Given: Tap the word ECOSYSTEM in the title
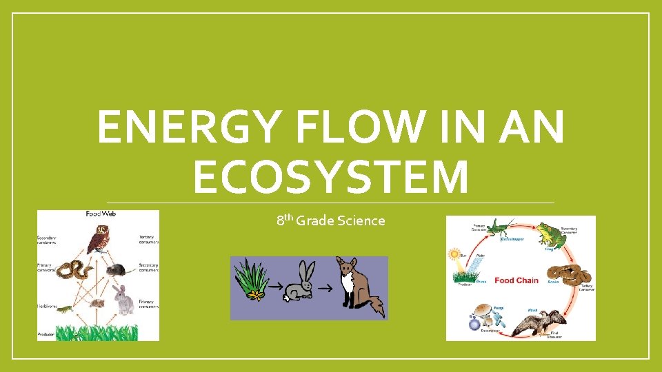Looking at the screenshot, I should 331,177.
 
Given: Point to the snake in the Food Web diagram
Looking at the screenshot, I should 74,271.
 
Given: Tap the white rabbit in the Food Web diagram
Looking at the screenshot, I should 125,301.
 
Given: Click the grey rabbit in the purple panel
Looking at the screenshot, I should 301,282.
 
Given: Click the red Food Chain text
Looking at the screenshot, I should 516,280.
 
